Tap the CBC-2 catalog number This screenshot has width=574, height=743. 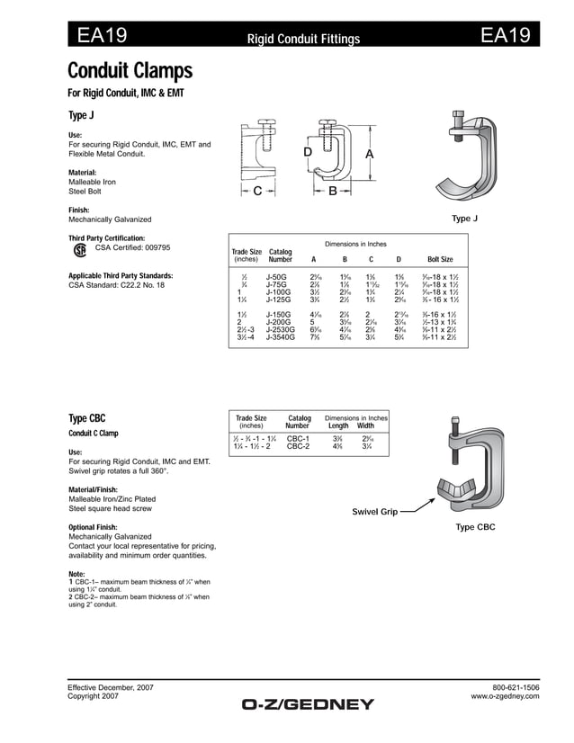[298, 446]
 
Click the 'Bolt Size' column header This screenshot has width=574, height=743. [440, 259]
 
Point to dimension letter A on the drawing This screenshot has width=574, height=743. [369, 155]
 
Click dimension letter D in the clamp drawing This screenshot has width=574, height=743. [308, 154]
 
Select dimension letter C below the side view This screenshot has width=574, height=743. [256, 192]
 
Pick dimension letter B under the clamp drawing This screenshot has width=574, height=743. [332, 192]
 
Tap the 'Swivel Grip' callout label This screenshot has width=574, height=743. [374, 512]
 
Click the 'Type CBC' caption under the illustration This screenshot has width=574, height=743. [475, 527]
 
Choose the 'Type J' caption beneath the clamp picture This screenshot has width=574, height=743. [464, 219]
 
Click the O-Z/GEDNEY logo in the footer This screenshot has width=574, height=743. [307, 704]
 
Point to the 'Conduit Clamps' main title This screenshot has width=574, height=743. [130, 70]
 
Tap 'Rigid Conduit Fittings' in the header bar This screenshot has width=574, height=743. [303, 39]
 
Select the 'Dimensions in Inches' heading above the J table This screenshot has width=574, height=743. [355, 244]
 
